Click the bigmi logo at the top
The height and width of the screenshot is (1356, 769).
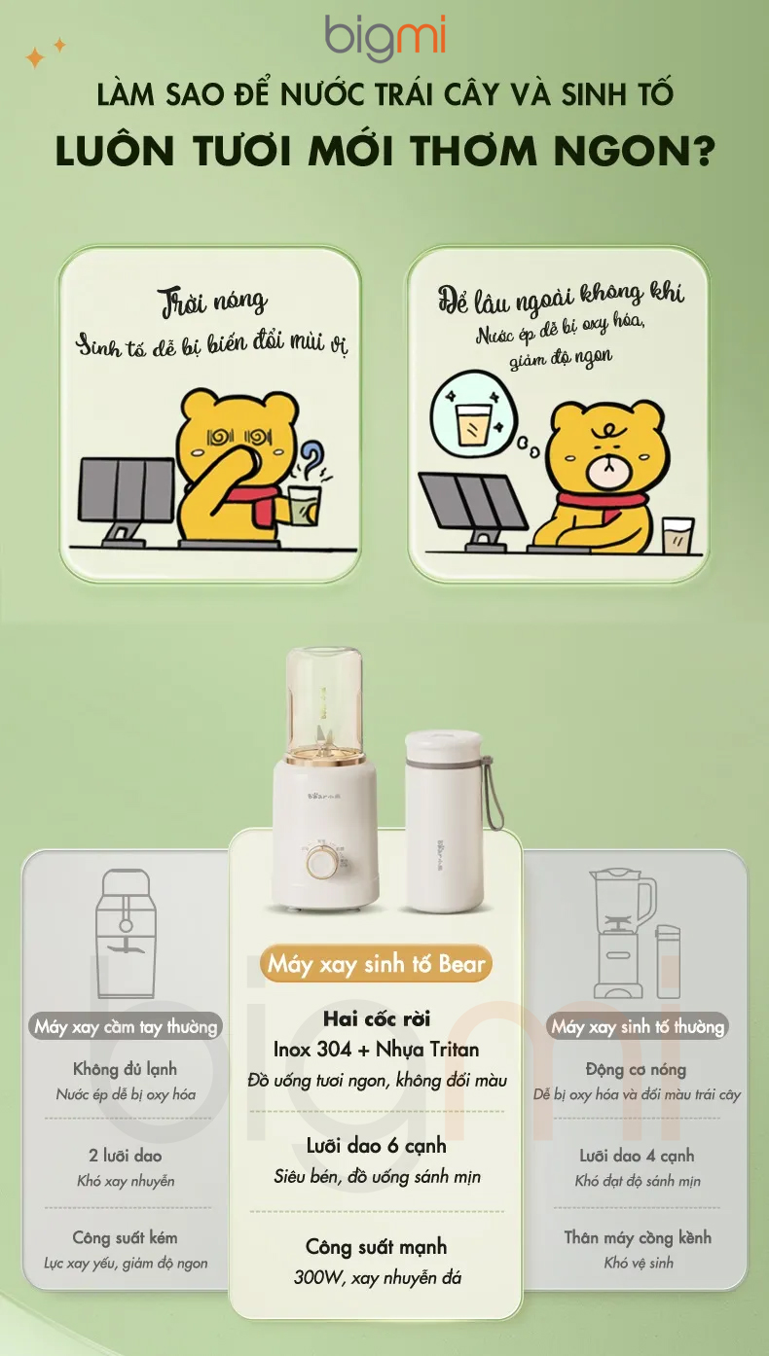click(x=384, y=38)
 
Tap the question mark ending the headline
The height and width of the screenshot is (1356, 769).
click(x=703, y=150)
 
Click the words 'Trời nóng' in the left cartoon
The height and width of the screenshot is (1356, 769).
click(x=213, y=302)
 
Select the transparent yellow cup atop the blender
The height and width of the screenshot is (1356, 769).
click(x=326, y=701)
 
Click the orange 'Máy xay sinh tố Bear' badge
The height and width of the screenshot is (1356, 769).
click(x=377, y=963)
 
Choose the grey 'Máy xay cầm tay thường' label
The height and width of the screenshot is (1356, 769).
click(x=126, y=1026)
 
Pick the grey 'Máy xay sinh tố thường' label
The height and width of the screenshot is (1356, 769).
click(x=638, y=1026)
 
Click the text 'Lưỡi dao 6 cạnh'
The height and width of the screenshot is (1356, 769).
click(x=377, y=1146)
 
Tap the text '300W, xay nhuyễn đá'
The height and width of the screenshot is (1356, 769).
click(x=378, y=1277)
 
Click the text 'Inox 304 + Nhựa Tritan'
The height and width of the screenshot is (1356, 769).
click(x=377, y=1049)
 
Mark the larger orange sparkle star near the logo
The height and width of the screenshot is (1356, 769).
click(x=35, y=58)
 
